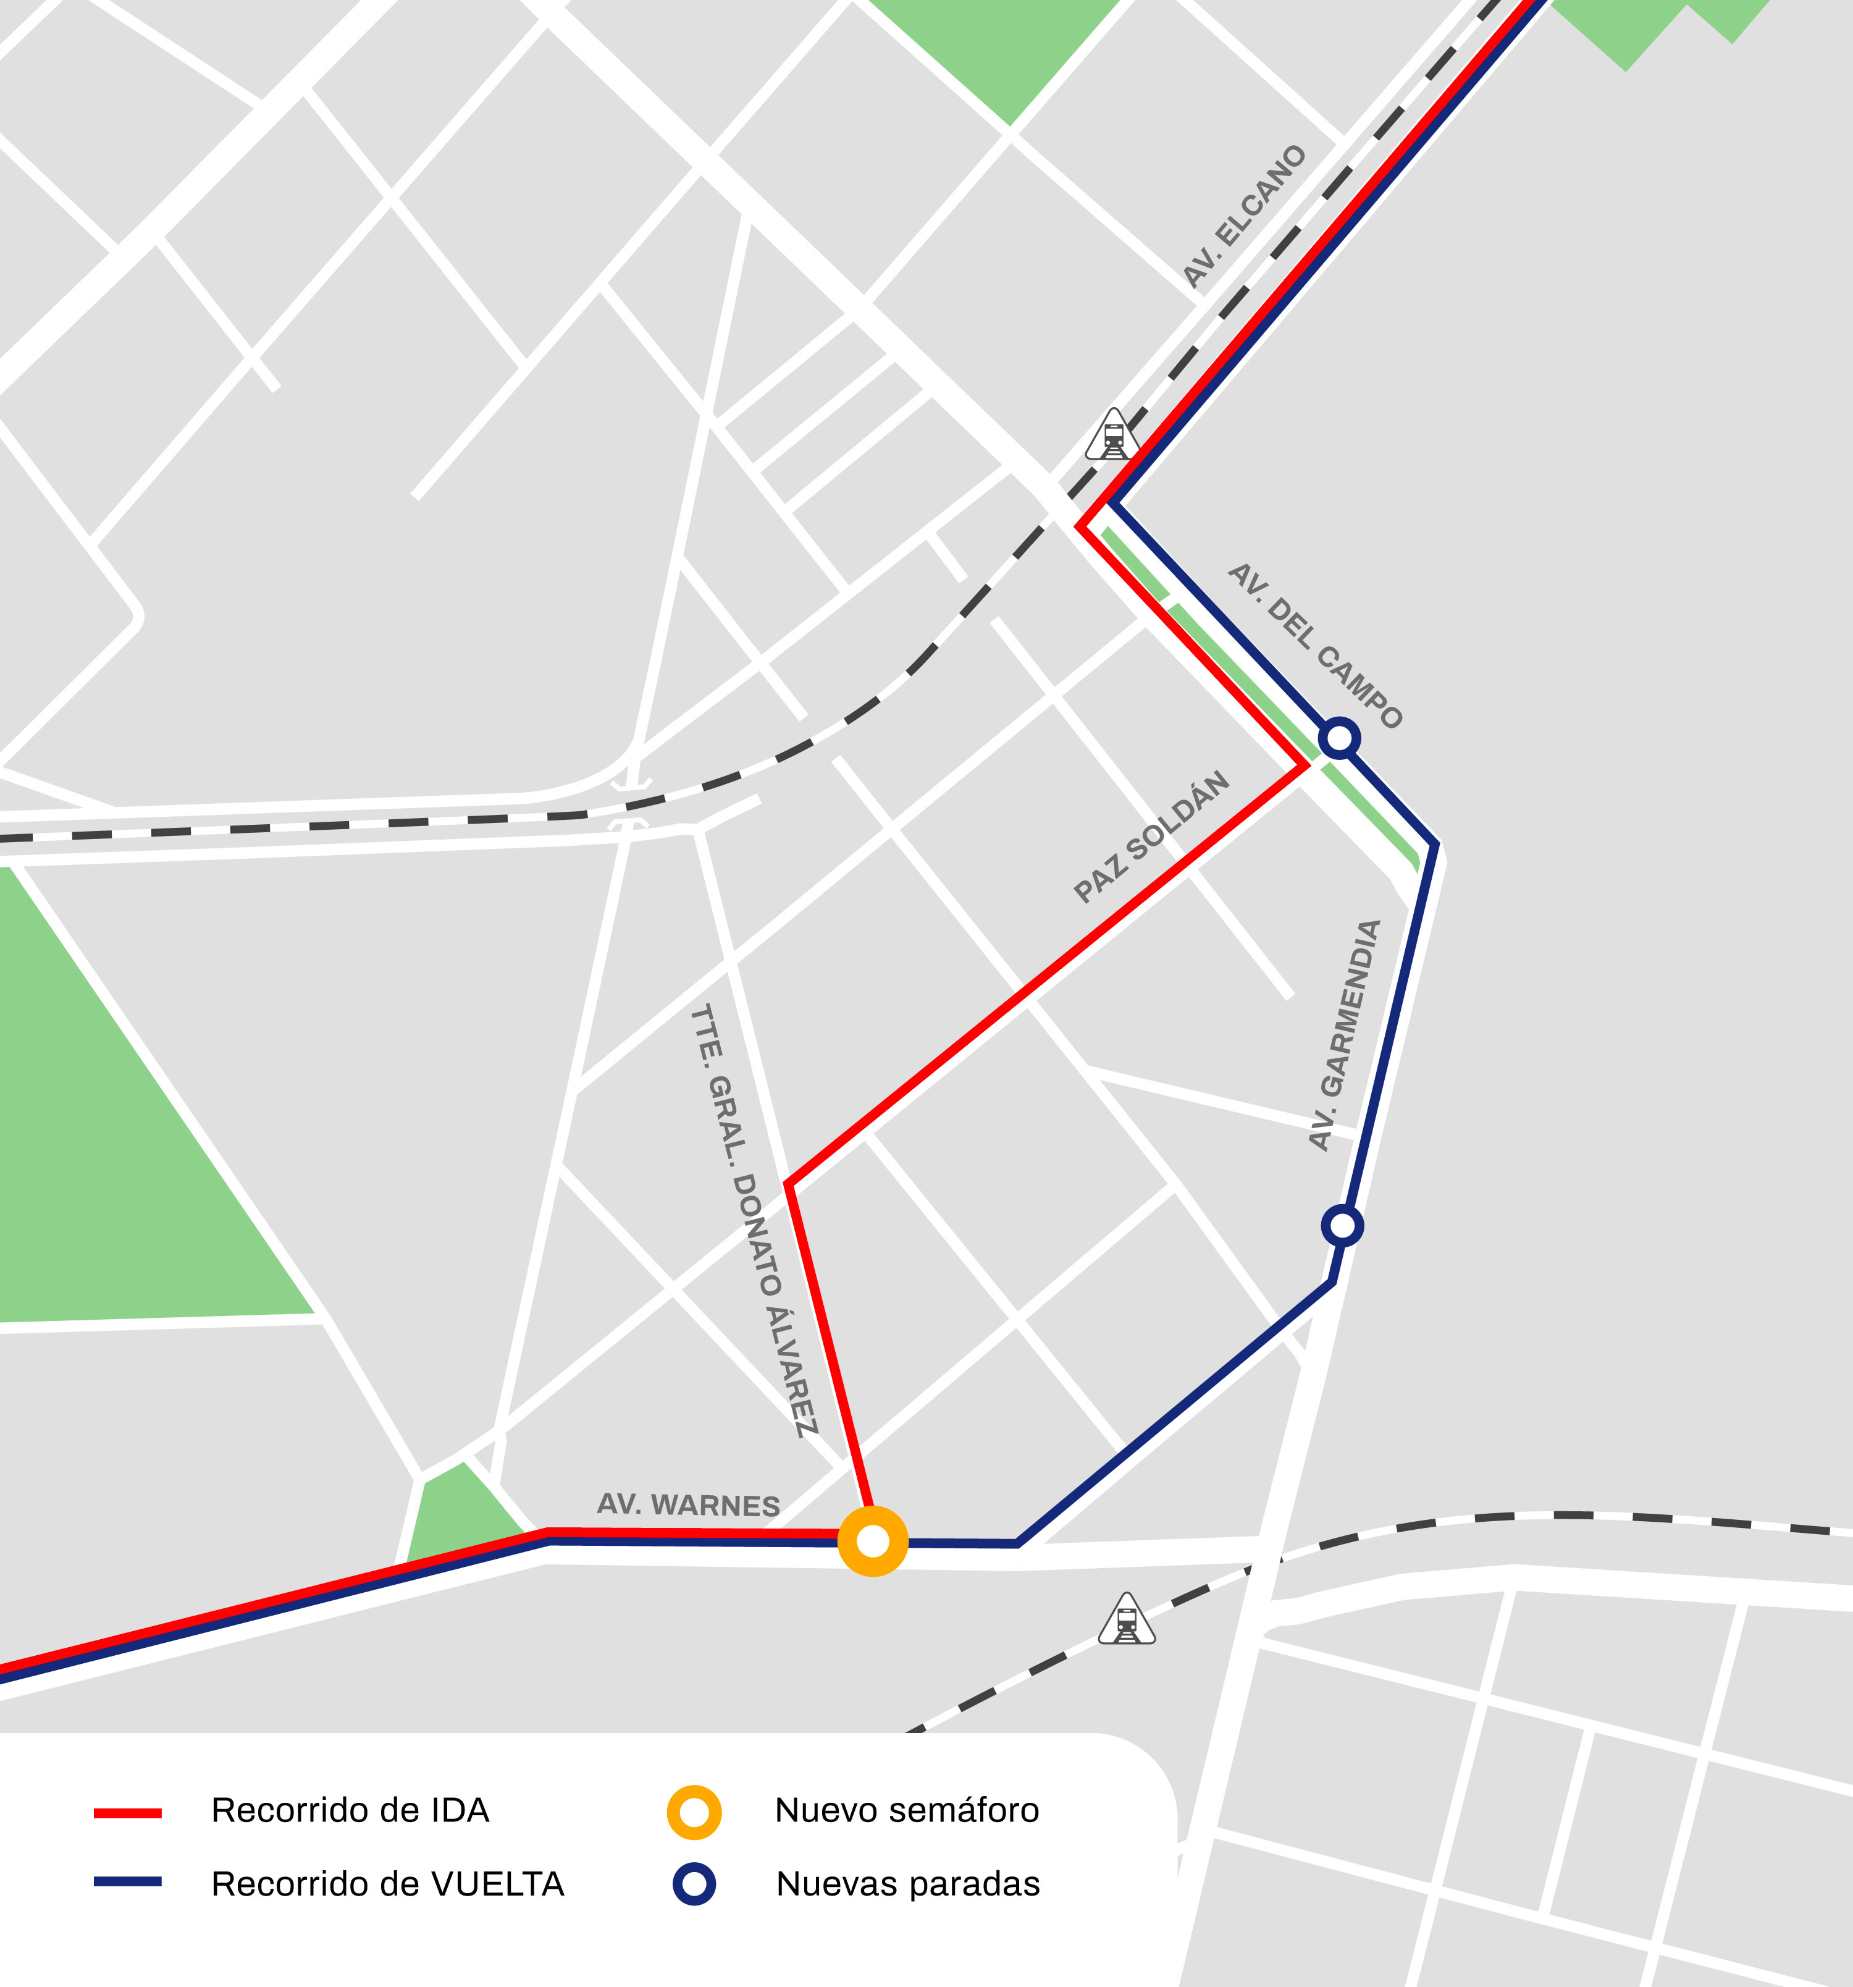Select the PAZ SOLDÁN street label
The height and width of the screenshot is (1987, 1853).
[1151, 838]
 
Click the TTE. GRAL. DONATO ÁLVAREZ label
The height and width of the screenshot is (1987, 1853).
[755, 1220]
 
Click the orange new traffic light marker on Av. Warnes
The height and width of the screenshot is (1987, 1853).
[873, 1542]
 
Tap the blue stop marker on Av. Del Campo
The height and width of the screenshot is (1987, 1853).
[1339, 738]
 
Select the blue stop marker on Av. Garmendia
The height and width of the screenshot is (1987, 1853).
[1342, 1225]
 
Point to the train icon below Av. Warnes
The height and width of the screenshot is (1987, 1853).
[1127, 1620]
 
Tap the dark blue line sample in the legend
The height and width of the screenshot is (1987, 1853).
[128, 1882]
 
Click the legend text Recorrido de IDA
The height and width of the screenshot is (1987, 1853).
[350, 1811]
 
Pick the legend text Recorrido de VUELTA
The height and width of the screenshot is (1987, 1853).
[388, 1884]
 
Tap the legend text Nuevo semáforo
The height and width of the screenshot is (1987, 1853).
[907, 1811]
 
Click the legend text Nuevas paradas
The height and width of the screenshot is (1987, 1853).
[907, 1884]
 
